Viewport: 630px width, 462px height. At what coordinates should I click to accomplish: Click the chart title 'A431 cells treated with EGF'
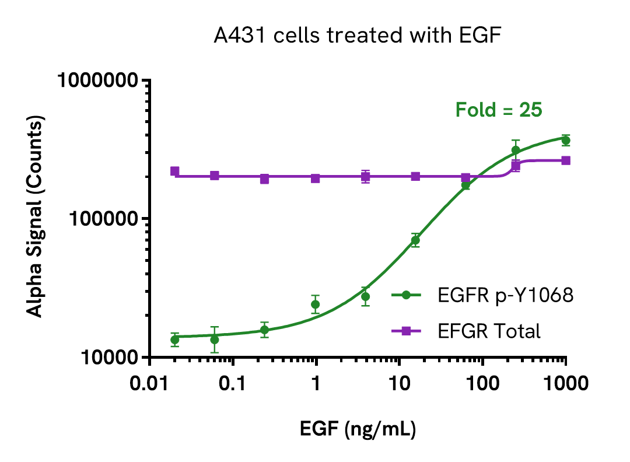358,36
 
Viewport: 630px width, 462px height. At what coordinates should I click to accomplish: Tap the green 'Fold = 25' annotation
499,110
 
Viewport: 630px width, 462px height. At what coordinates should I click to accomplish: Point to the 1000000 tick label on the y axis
101,80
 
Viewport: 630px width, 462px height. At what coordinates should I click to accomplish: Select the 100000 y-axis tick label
107,219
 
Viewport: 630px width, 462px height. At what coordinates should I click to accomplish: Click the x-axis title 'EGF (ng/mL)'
358,430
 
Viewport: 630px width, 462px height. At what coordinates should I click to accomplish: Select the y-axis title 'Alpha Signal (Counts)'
36,217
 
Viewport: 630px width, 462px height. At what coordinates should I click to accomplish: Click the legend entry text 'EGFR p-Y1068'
506,296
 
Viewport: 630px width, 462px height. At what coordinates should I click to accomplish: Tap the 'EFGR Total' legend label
489,331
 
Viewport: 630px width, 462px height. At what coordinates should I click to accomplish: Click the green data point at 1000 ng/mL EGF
565,141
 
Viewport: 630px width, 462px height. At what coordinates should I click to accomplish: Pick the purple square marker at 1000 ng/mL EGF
566,160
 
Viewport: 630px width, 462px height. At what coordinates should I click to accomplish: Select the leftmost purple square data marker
174,171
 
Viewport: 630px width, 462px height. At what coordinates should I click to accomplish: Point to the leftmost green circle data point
174,339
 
